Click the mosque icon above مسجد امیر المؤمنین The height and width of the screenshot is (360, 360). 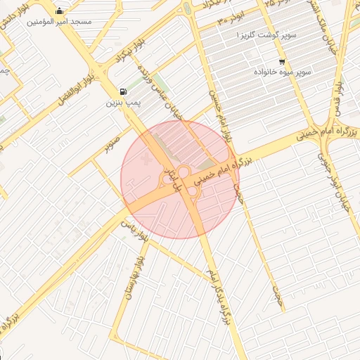58,11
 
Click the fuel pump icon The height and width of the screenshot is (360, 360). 124,91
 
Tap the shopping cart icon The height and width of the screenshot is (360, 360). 282,61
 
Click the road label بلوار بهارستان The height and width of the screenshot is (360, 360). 136,278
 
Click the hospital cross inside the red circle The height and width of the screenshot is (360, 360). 146,160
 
